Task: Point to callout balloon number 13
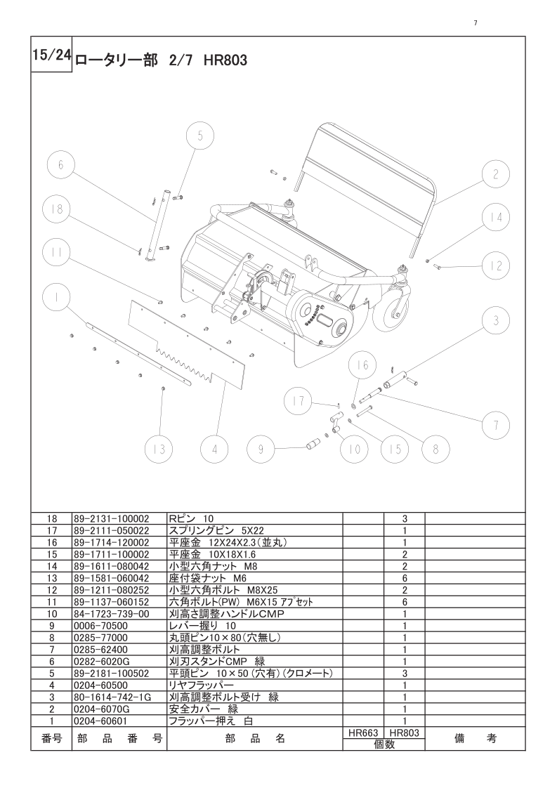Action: (x=159, y=449)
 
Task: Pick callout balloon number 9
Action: (x=261, y=449)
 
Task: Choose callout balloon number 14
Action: (x=497, y=218)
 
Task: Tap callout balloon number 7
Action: (x=496, y=424)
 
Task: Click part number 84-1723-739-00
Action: (x=112, y=613)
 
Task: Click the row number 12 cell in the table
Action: (x=52, y=590)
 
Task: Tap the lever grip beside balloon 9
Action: (x=311, y=443)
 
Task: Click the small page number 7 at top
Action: (x=476, y=23)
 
